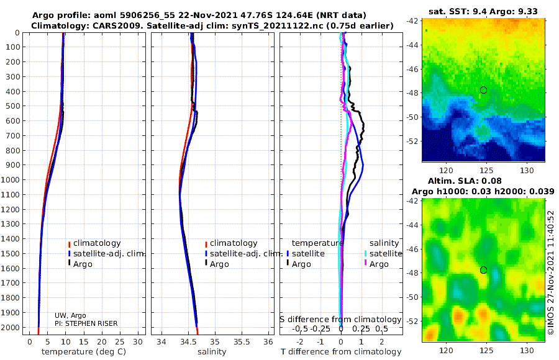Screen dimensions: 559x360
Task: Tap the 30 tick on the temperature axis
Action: (x=138, y=342)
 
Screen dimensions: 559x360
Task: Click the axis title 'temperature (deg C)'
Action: (x=84, y=352)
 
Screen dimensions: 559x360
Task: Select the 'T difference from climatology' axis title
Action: (x=341, y=352)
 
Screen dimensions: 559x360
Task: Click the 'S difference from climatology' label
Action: (x=340, y=320)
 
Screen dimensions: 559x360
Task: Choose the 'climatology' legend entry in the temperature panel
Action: (x=97, y=243)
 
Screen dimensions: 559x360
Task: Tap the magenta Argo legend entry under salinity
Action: (x=379, y=264)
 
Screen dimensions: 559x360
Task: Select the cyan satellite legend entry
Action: (x=385, y=254)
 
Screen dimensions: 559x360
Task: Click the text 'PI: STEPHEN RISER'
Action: (x=86, y=323)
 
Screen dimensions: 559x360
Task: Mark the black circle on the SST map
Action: (x=483, y=90)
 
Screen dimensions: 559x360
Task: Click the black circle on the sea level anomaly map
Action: (x=483, y=270)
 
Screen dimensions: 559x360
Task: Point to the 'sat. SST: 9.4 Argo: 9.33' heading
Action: (x=483, y=11)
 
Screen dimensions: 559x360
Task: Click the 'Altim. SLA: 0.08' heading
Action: (x=465, y=181)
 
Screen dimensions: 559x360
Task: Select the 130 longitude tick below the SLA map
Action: (x=527, y=351)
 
